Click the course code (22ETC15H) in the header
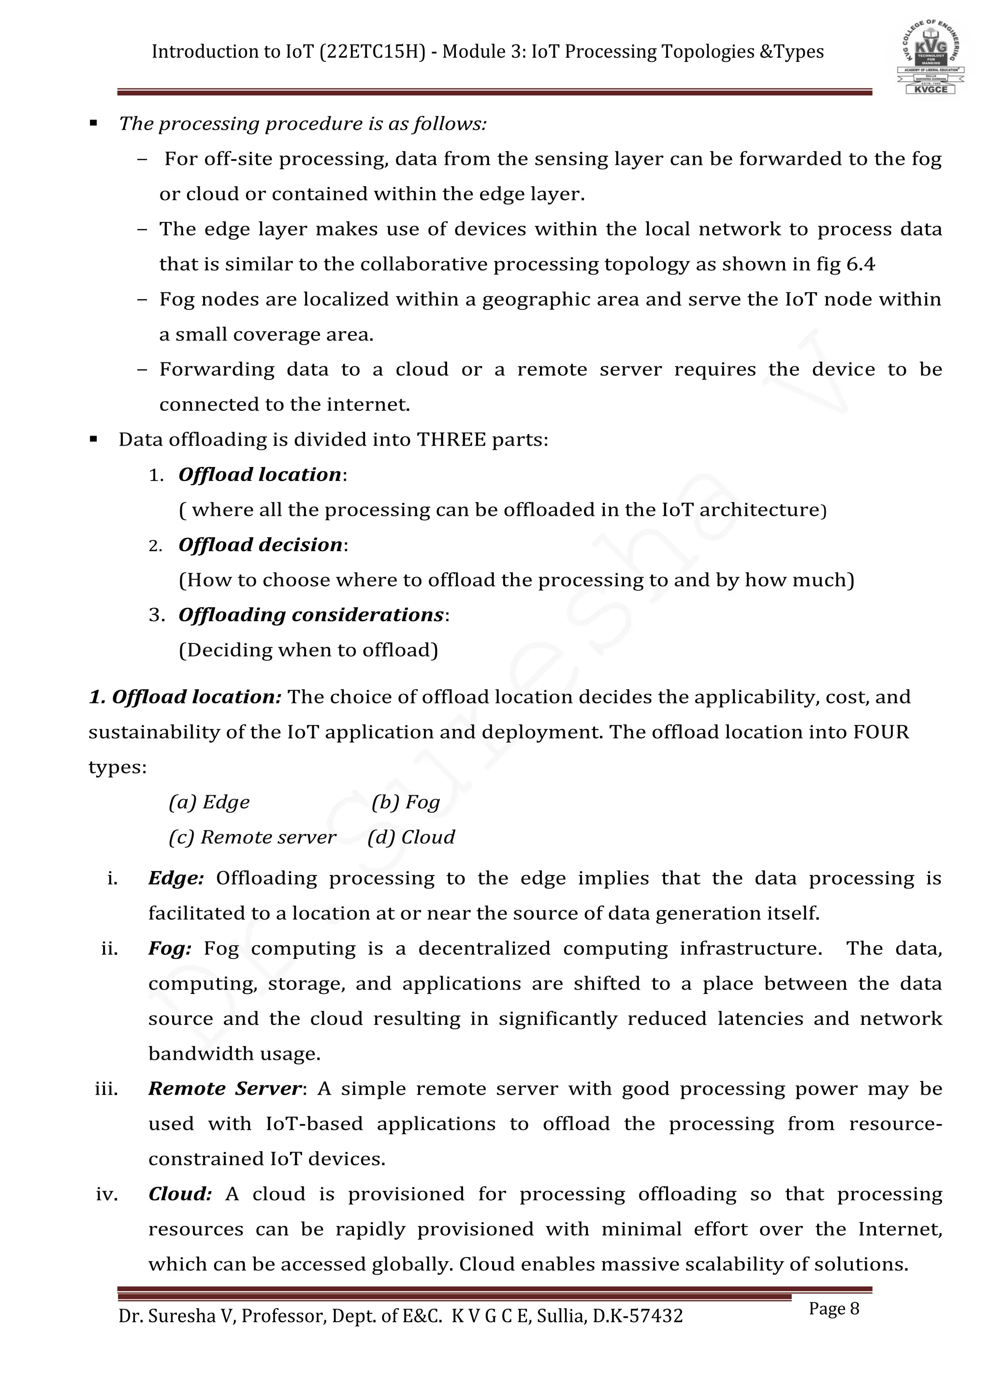point(373,52)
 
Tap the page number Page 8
point(833,1309)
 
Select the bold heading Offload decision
point(260,544)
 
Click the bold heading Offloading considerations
point(311,614)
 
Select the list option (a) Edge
point(209,802)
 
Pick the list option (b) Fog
point(406,802)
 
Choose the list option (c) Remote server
point(252,837)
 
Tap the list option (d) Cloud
point(411,837)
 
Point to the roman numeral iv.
point(107,1194)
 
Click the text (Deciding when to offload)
point(308,650)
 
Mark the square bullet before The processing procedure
point(93,124)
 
